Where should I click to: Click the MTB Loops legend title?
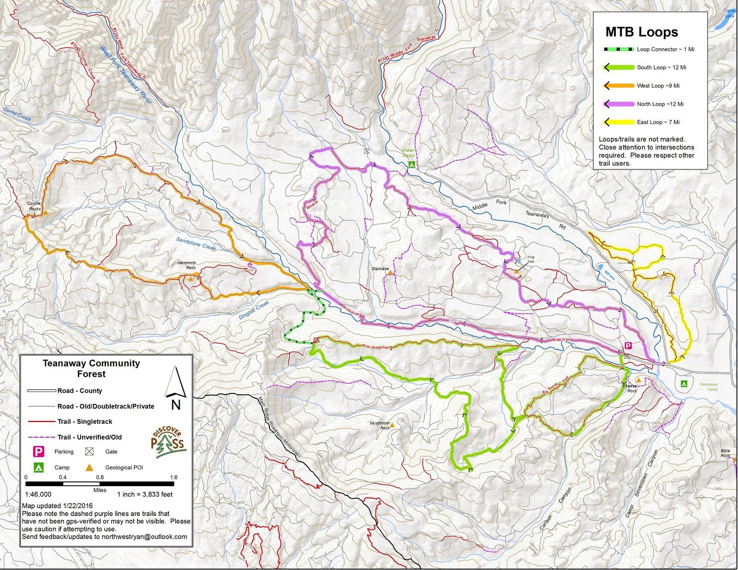tap(641, 32)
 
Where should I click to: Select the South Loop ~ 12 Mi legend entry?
tap(661, 67)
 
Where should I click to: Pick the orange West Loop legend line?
tap(619, 86)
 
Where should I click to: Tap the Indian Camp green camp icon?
tap(412, 164)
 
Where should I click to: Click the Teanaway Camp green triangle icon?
tap(684, 384)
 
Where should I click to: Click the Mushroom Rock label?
tap(380, 425)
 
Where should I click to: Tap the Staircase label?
tap(380, 268)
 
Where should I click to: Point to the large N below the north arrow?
tap(176, 405)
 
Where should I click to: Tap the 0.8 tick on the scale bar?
tap(100, 478)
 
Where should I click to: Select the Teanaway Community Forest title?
tap(91, 368)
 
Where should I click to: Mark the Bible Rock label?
tap(726, 453)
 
